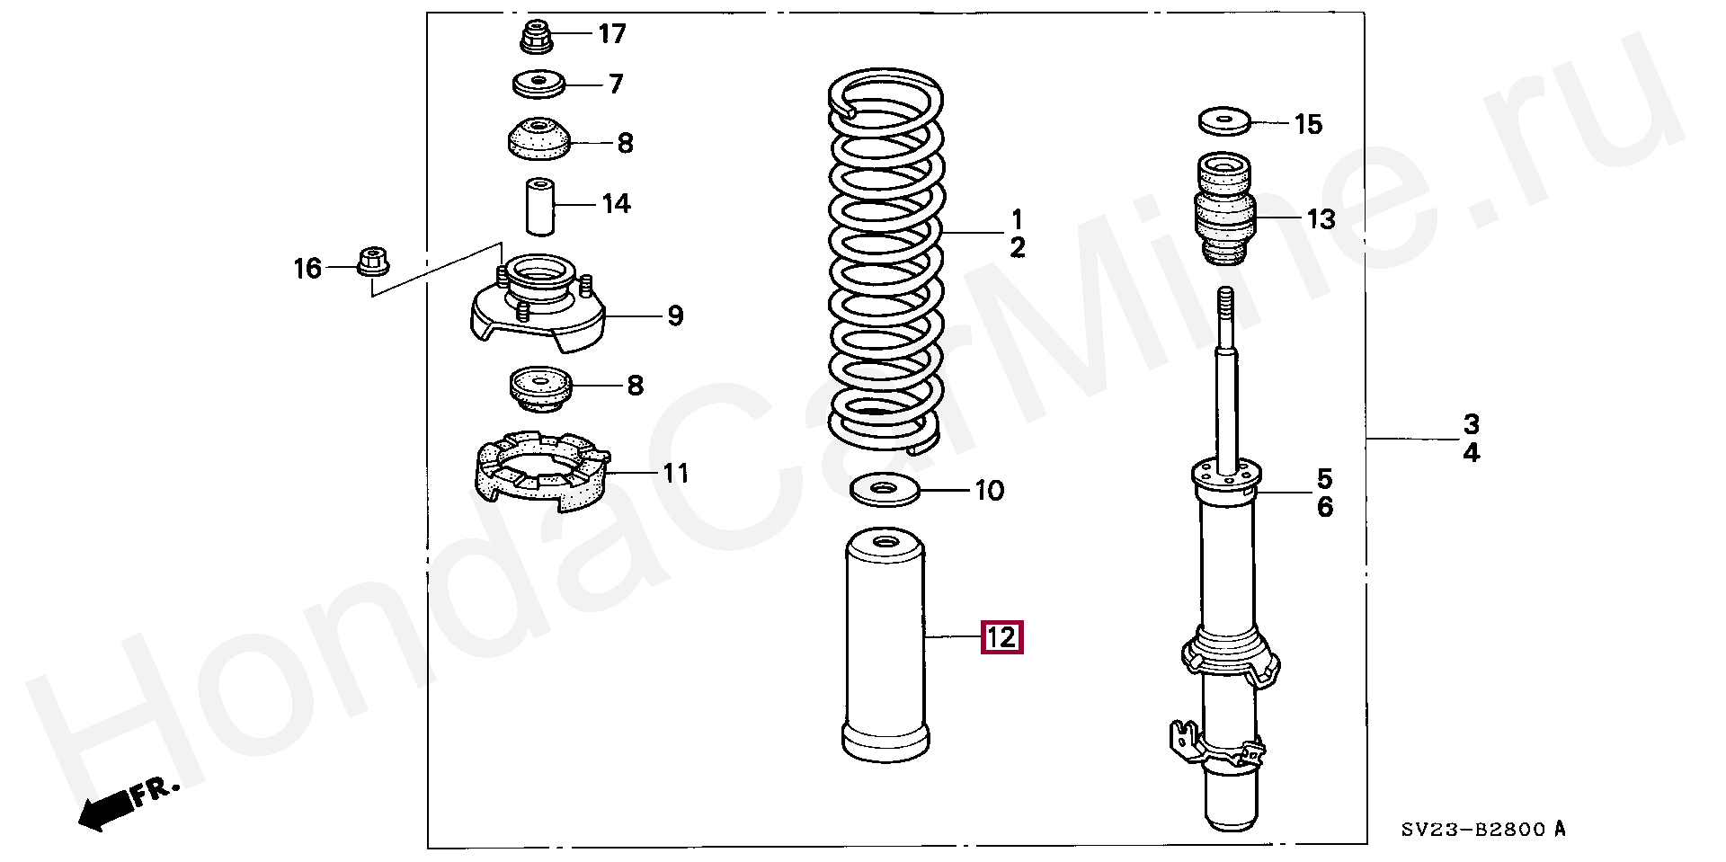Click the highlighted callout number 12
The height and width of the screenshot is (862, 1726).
click(x=1001, y=637)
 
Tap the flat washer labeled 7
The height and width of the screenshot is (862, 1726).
click(x=538, y=85)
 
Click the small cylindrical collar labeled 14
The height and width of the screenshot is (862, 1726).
click(x=538, y=206)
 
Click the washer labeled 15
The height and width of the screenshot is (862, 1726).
click(x=1224, y=119)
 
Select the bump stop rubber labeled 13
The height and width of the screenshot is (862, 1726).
click(x=1224, y=210)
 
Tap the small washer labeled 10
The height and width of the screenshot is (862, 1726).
click(x=885, y=491)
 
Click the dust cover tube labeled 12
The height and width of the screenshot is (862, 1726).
click(x=885, y=647)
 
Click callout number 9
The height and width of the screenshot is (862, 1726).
click(x=674, y=316)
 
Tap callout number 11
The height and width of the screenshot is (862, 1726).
click(x=675, y=473)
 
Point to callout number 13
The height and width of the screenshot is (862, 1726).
click(x=1321, y=218)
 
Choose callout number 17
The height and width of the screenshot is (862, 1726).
click(x=612, y=34)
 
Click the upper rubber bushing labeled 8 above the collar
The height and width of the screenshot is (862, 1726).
click(x=538, y=140)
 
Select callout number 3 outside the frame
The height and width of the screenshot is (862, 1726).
click(x=1471, y=423)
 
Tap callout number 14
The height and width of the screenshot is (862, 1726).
click(x=616, y=204)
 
